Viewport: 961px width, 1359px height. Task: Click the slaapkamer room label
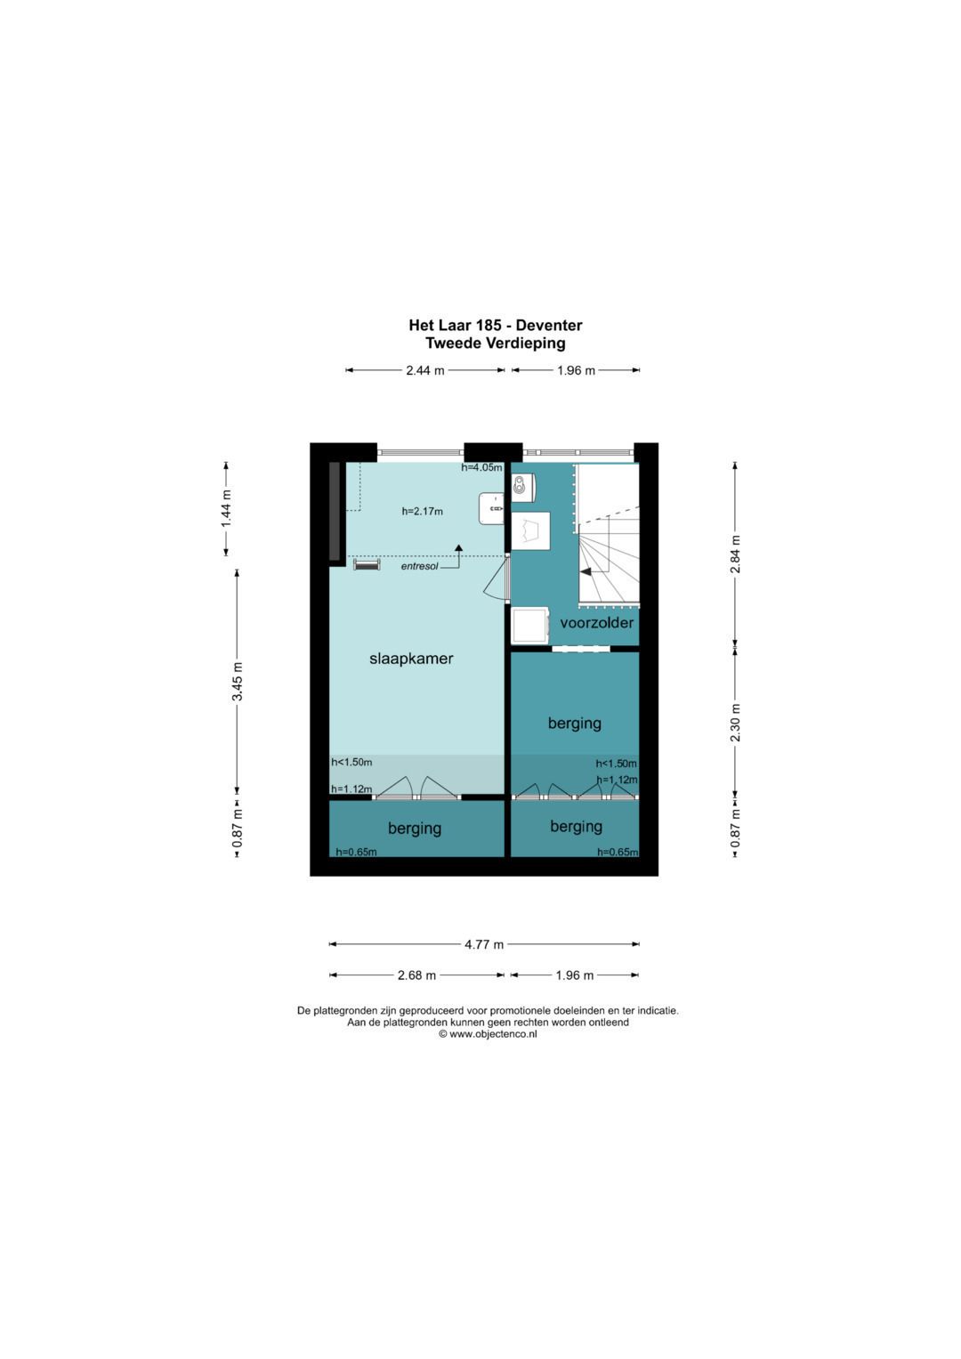(x=411, y=659)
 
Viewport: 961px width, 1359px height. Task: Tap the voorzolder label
(x=596, y=623)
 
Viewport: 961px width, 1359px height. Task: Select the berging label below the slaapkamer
(x=415, y=829)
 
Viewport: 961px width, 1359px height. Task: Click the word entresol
(x=419, y=566)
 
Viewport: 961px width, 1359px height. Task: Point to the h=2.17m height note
(x=422, y=511)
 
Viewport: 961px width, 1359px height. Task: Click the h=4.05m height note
(x=481, y=467)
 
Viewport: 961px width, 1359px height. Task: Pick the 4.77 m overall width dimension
(x=484, y=944)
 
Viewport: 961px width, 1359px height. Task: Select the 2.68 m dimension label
(x=416, y=975)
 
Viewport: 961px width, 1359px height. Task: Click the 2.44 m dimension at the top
(x=425, y=370)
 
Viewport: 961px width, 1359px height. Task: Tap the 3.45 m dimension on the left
(x=238, y=682)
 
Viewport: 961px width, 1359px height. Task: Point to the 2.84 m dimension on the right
(x=735, y=554)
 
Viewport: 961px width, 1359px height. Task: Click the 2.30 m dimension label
(x=735, y=723)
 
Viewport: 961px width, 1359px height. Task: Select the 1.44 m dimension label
(x=226, y=508)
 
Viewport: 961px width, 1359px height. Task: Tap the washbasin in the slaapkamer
(x=491, y=508)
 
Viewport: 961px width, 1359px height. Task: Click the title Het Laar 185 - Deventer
(x=495, y=326)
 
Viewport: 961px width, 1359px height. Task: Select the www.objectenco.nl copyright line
(x=488, y=1034)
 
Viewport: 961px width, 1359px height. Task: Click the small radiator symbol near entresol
(x=367, y=564)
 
